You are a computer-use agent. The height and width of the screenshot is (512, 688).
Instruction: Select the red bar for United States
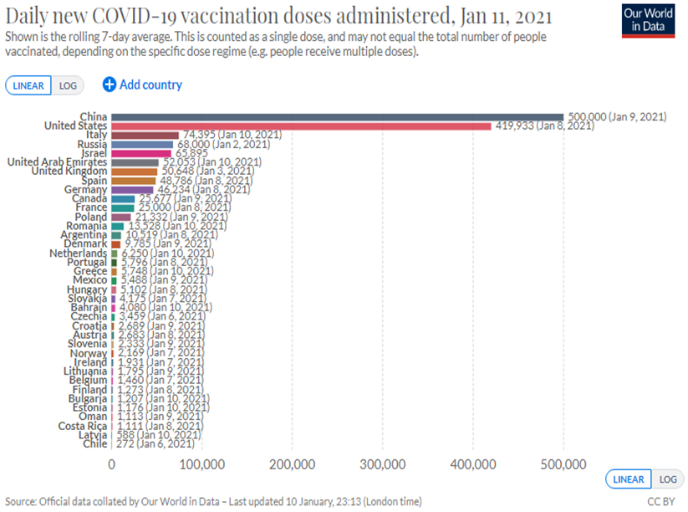point(301,125)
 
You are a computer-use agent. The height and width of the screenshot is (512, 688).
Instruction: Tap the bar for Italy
point(145,135)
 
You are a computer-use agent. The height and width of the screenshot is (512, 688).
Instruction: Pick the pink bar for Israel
point(141,153)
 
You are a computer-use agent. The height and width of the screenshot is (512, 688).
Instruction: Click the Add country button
point(142,84)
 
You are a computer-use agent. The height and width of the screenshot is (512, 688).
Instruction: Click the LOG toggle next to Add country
point(68,85)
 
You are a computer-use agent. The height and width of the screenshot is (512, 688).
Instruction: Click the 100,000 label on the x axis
point(201,463)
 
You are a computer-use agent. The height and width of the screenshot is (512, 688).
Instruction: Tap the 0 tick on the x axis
point(112,463)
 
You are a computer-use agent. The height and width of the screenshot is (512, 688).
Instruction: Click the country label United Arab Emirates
point(57,162)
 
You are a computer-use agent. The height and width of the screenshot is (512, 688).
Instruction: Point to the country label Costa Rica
point(83,426)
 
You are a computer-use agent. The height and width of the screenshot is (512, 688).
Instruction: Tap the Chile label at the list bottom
point(94,444)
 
